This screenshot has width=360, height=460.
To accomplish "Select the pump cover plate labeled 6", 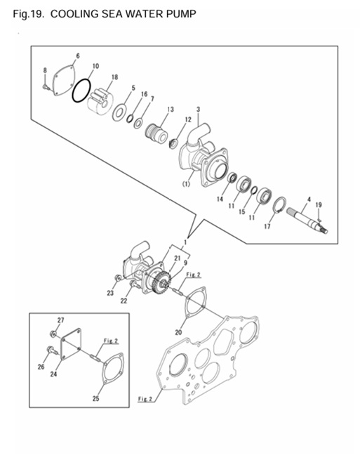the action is point(64,80).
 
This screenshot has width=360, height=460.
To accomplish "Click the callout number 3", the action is point(198,110).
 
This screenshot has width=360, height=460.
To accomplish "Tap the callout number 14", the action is point(220,199).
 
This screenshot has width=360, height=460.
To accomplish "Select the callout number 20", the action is point(178,332).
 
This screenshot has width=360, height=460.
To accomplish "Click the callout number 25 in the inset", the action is point(96,398).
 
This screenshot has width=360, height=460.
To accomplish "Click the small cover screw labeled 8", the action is point(45,87).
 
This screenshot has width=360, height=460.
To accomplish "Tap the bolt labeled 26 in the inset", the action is point(51,350).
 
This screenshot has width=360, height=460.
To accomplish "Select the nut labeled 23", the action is point(117,277).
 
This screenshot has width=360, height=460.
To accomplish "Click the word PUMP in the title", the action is point(181,14).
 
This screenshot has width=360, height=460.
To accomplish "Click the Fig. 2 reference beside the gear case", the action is point(145,399).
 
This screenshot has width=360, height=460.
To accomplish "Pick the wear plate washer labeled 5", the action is point(119,112).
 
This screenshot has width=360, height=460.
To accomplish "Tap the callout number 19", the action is point(319,205).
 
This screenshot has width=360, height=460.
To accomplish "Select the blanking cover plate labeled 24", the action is point(71,343).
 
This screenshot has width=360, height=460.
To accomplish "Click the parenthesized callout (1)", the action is point(187,184).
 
